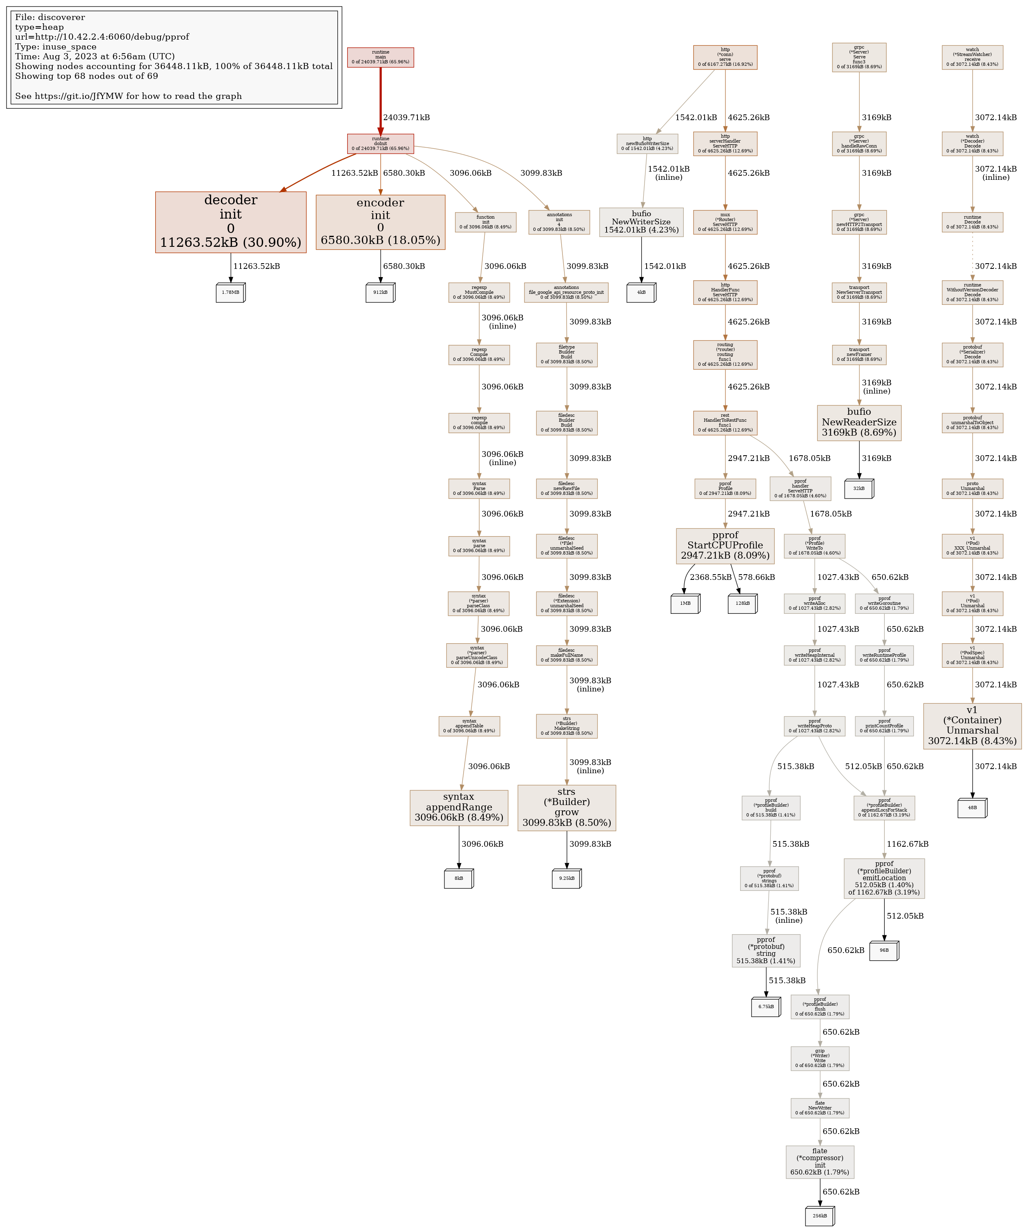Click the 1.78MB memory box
click(x=230, y=292)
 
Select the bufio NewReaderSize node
click(x=859, y=422)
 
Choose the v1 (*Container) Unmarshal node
click(x=972, y=726)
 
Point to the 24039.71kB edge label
click(x=406, y=118)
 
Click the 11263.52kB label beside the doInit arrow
click(x=354, y=173)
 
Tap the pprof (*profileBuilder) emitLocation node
click(x=884, y=878)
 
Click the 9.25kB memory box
click(x=567, y=878)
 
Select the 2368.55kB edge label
click(x=710, y=577)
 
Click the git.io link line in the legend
click(x=129, y=96)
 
